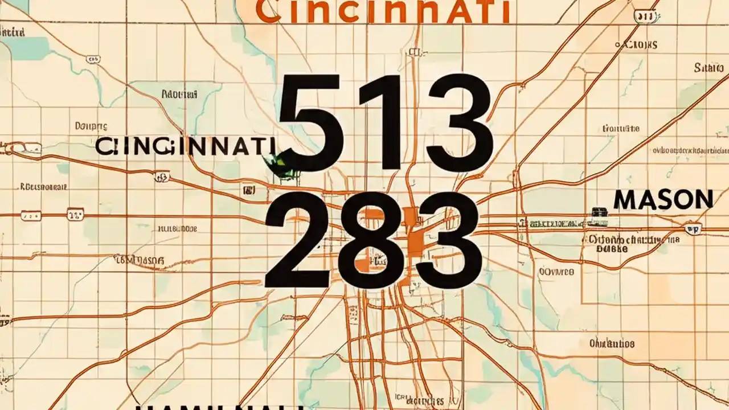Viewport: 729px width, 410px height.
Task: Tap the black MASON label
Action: [x=664, y=200]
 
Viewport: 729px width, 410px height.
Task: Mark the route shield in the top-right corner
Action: [x=645, y=18]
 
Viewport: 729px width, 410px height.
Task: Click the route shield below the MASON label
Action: [x=693, y=228]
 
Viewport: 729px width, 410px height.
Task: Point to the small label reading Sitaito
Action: [x=708, y=68]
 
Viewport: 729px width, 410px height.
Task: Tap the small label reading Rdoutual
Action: [x=179, y=93]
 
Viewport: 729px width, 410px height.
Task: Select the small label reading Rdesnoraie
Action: [x=44, y=186]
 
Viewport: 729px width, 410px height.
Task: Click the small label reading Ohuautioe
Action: [x=612, y=343]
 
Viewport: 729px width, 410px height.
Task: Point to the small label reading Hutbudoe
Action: [x=177, y=229]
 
